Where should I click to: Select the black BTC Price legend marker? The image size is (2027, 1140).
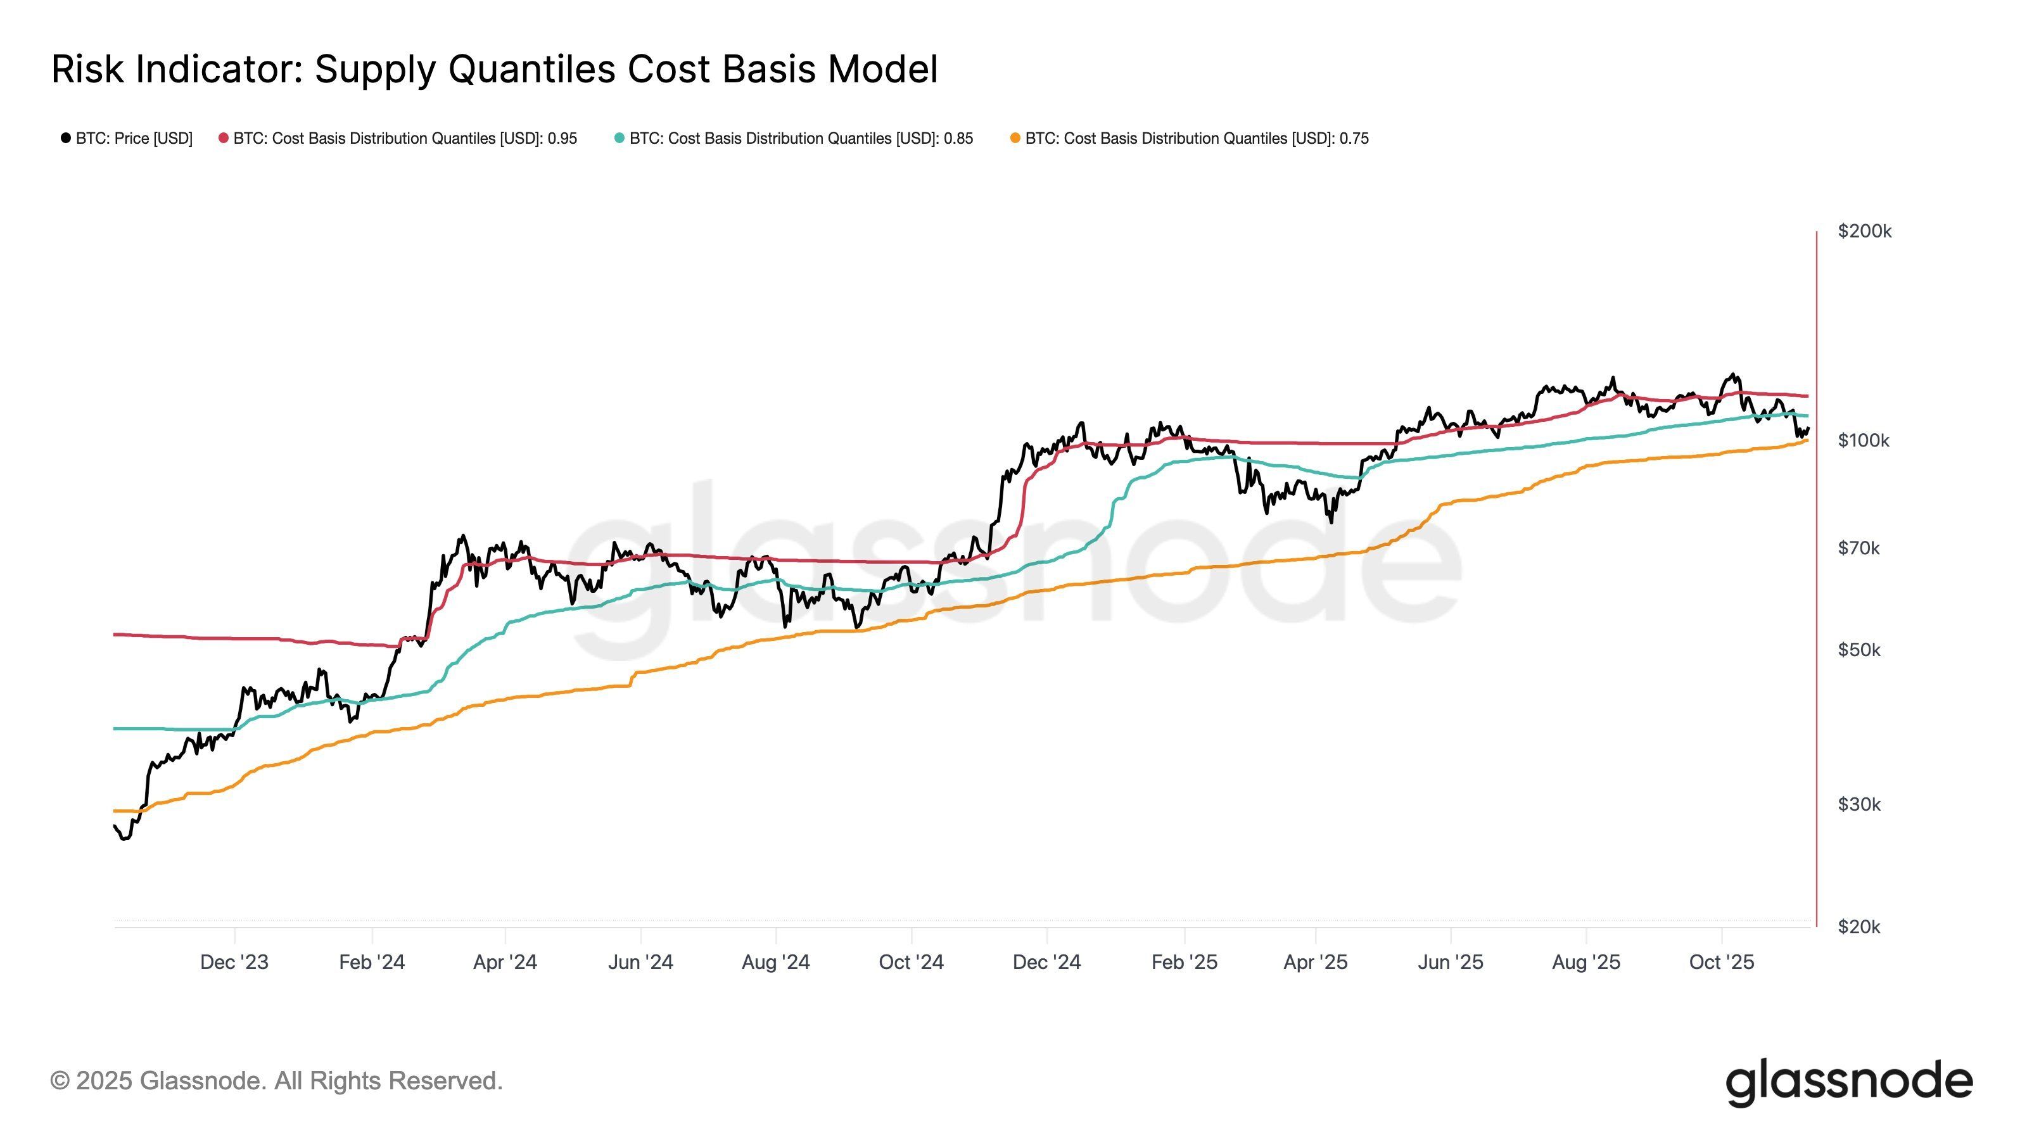(x=66, y=139)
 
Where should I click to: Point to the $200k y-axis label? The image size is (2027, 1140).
(x=1864, y=231)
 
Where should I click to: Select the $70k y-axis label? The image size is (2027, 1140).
(x=1858, y=548)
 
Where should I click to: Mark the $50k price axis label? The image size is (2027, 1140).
(x=1858, y=650)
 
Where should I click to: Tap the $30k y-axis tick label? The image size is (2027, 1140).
(x=1858, y=804)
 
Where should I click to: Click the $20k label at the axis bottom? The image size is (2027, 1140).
(x=1858, y=927)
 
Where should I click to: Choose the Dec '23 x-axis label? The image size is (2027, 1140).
(x=234, y=962)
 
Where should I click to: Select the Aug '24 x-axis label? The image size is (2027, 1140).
(x=775, y=962)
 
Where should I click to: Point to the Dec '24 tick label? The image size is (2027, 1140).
(x=1046, y=962)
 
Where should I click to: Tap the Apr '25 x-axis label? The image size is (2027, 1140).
(x=1315, y=962)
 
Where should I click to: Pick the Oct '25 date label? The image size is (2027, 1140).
(x=1721, y=962)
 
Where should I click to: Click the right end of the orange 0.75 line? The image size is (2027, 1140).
(x=1806, y=441)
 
